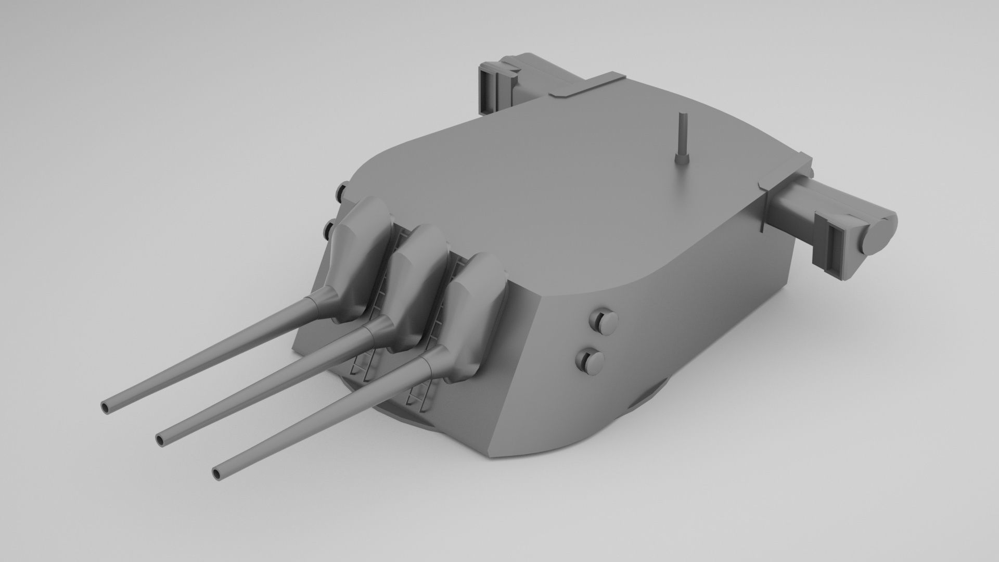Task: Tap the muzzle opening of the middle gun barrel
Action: [161, 440]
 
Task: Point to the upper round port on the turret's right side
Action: [603, 321]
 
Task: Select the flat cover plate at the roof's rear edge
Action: [588, 86]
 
